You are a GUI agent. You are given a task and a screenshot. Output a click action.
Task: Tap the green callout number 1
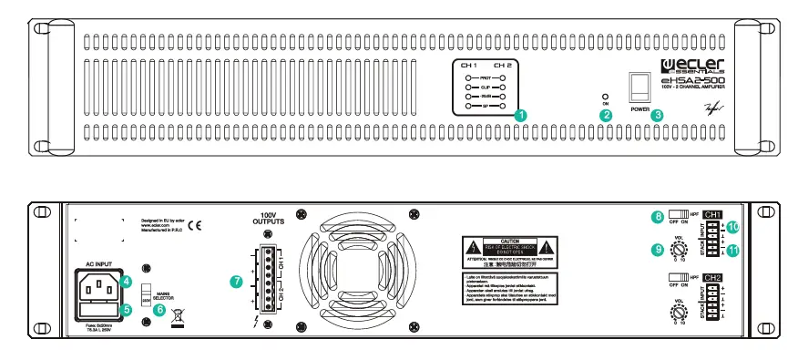520,115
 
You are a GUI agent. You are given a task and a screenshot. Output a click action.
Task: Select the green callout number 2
605,114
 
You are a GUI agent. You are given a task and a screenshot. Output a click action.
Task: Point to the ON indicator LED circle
605,95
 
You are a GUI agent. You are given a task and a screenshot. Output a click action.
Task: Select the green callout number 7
238,283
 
